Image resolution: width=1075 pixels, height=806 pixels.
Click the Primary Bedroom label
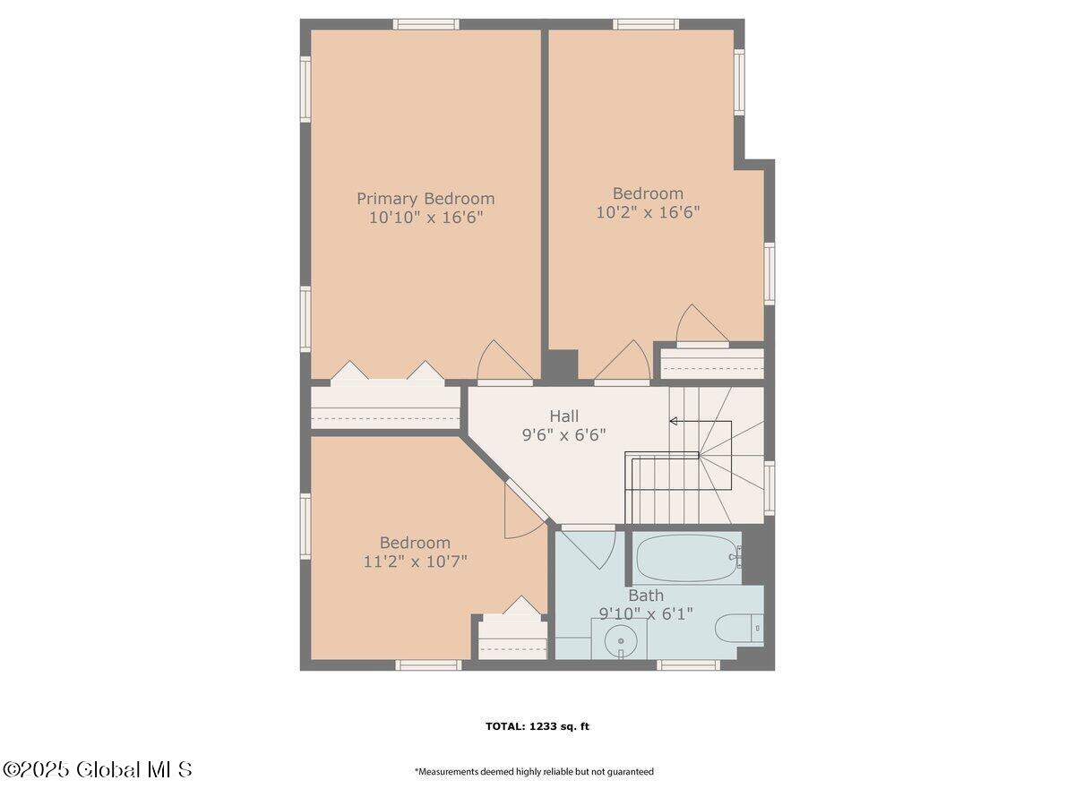426,199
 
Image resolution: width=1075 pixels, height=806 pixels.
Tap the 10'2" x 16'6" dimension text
648,212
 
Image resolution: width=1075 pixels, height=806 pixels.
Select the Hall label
563,416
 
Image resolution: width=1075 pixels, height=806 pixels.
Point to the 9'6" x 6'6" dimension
563,434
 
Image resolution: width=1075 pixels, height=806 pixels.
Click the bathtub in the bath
686,557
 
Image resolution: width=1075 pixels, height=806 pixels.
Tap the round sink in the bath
621,640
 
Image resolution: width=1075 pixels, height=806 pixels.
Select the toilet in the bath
738,628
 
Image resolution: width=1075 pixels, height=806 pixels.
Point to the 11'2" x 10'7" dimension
415,561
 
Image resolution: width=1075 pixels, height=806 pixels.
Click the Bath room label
646,596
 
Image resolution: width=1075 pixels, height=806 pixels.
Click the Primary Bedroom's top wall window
426,24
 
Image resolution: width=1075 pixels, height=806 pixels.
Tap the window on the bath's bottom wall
688,665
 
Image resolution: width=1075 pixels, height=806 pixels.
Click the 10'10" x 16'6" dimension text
426,218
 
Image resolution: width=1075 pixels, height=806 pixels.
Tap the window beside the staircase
770,488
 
